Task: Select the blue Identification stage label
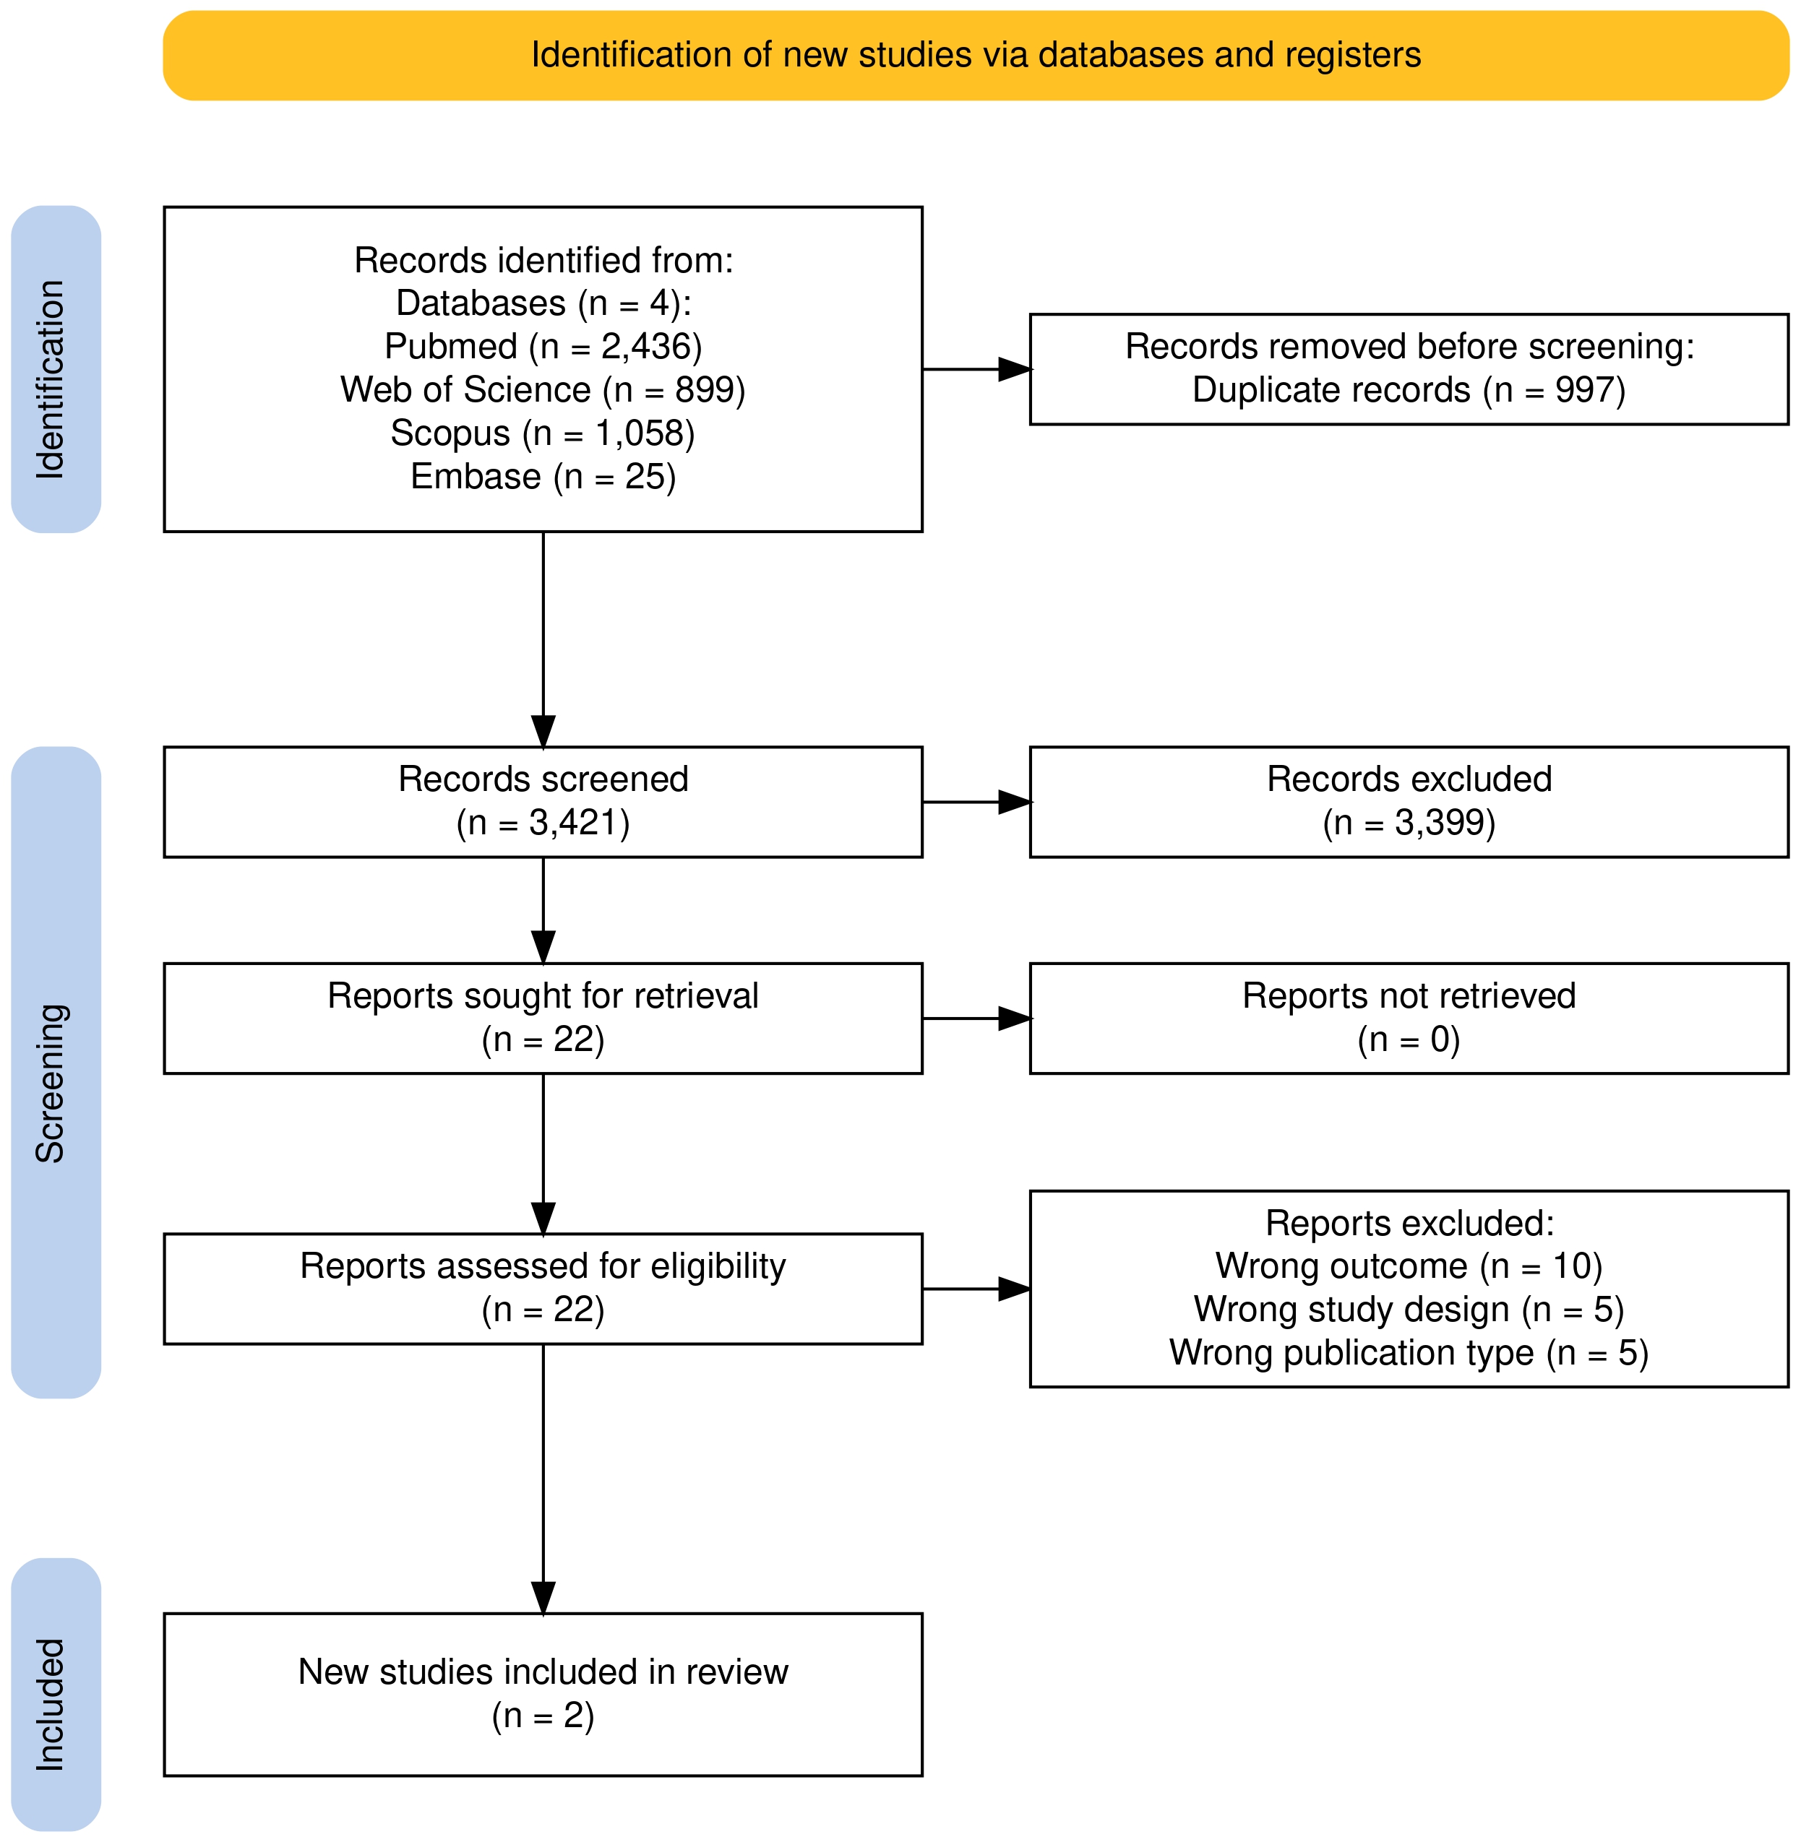(x=56, y=369)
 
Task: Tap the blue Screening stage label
(x=56, y=1072)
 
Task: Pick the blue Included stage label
(x=56, y=1693)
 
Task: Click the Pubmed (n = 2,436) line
(x=543, y=347)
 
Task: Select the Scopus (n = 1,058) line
(x=543, y=434)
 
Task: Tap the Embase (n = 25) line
(x=543, y=477)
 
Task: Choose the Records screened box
(x=543, y=802)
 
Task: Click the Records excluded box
(x=1409, y=802)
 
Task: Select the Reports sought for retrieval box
(x=543, y=1019)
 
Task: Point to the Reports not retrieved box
(x=1409, y=1019)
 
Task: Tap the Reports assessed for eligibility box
(x=543, y=1289)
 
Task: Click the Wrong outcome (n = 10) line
(x=1409, y=1267)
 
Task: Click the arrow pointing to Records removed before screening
(x=976, y=369)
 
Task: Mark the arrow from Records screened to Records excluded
(x=976, y=802)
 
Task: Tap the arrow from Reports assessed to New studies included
(x=543, y=1479)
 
